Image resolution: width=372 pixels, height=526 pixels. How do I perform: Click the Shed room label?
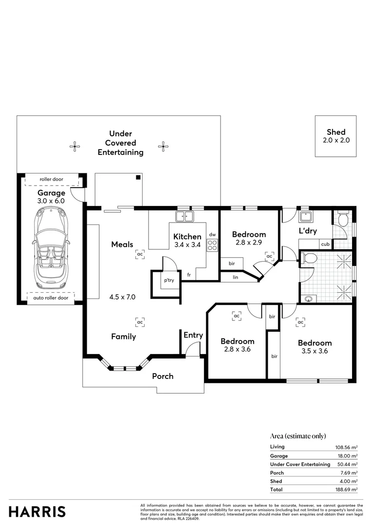(x=336, y=132)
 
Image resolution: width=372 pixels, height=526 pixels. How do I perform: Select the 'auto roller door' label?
(x=51, y=298)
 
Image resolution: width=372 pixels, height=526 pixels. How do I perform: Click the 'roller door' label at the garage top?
(x=51, y=179)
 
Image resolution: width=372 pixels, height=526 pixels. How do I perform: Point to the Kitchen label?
(x=187, y=237)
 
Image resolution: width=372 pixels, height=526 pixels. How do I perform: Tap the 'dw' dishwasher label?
(x=212, y=234)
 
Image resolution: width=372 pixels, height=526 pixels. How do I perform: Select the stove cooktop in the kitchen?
(x=212, y=245)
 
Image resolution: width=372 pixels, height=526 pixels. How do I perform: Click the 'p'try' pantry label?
(x=169, y=281)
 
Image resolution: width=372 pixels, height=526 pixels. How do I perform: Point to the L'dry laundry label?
(x=308, y=231)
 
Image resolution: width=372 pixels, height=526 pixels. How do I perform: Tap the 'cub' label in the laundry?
(x=324, y=244)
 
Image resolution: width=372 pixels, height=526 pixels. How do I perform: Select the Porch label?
(x=163, y=376)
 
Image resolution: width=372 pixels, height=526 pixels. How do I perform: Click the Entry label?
(x=193, y=335)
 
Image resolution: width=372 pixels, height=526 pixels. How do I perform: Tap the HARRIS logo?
(x=37, y=511)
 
